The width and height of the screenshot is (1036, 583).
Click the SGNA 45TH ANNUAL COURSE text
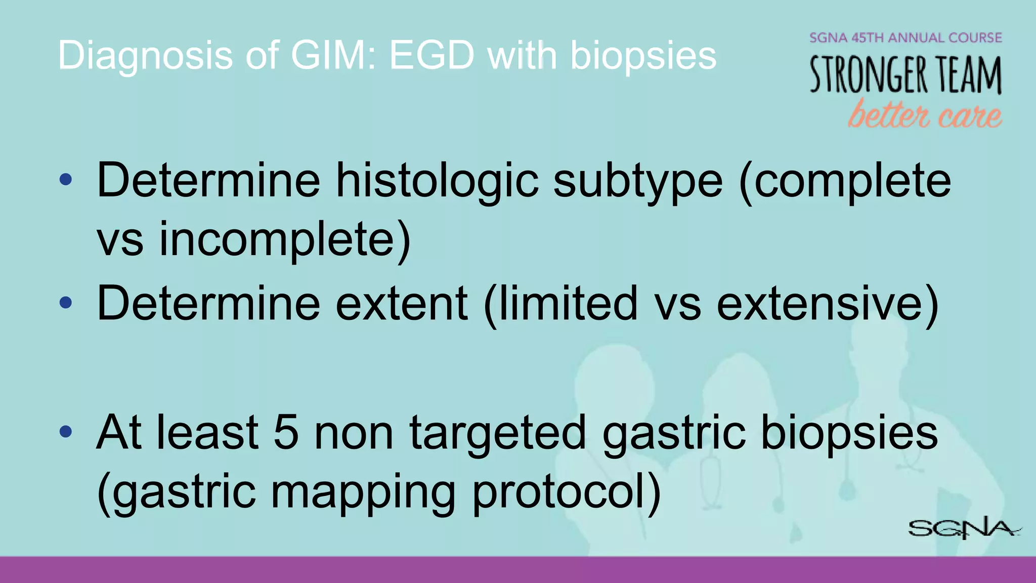pyautogui.click(x=905, y=38)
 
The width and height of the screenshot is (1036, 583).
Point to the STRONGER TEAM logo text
pyautogui.click(x=905, y=75)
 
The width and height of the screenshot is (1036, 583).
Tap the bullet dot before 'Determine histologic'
pyautogui.click(x=66, y=180)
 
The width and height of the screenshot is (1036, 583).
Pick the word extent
pyautogui.click(x=402, y=304)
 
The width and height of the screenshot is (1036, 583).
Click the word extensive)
pyautogui.click(x=828, y=304)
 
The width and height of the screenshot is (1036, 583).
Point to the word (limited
pyautogui.click(x=560, y=304)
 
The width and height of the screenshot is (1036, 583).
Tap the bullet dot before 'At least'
pyautogui.click(x=66, y=432)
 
